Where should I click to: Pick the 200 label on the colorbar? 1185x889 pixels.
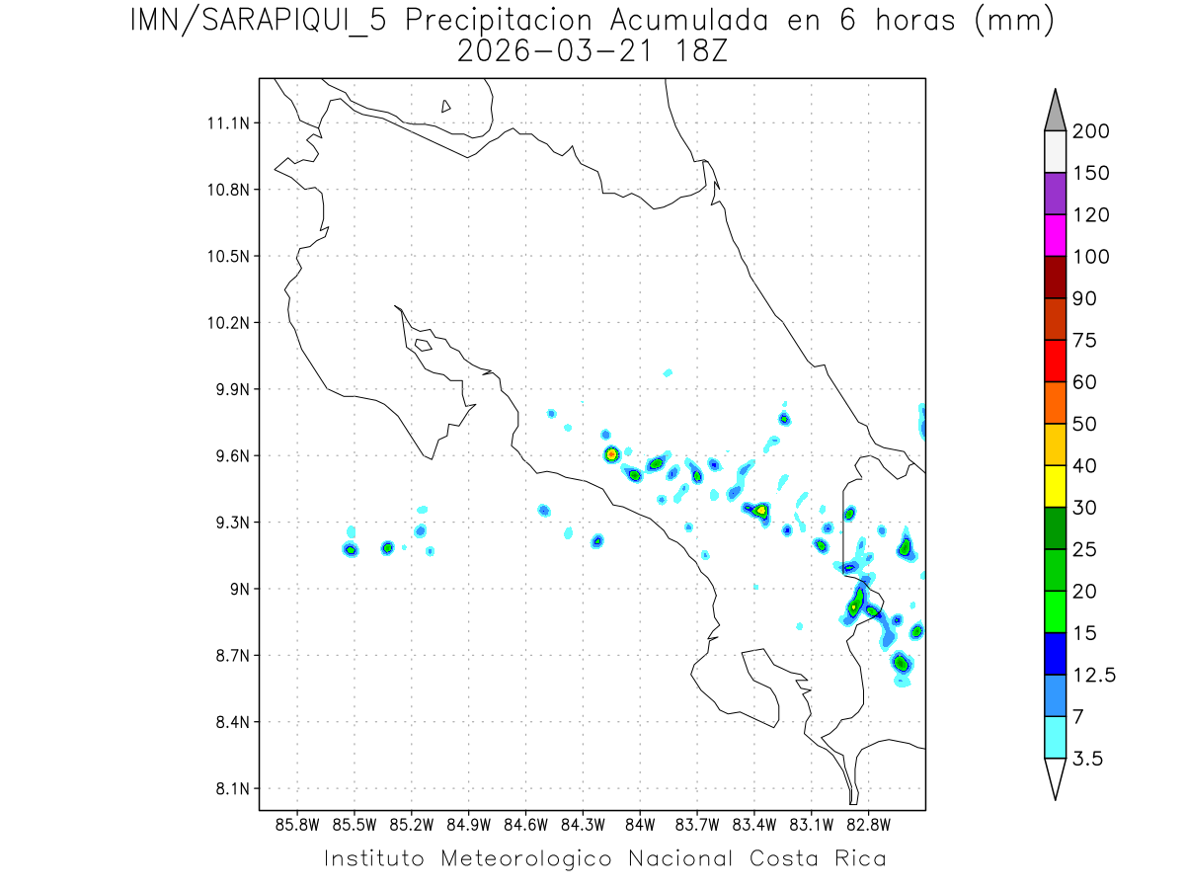coord(1090,131)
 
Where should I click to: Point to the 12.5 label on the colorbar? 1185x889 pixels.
coord(1094,675)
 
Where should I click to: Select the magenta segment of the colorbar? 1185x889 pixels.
coord(1055,235)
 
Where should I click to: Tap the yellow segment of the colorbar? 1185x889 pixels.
coord(1055,486)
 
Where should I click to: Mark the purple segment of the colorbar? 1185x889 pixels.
coord(1055,194)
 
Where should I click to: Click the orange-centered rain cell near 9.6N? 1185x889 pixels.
coord(611,454)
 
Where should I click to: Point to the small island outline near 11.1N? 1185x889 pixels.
coord(446,106)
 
